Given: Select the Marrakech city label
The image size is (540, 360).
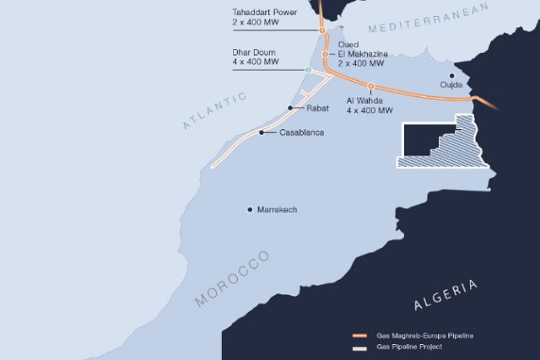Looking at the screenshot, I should pos(278,209).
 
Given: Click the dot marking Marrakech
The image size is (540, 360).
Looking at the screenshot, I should pos(250,209).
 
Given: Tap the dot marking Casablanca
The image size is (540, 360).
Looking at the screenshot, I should pos(262,132).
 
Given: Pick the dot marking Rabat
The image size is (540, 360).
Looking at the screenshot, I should pos(290,108).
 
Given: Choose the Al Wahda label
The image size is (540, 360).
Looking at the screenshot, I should pos(370,105).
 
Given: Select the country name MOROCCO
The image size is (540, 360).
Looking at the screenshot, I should pos(231,277).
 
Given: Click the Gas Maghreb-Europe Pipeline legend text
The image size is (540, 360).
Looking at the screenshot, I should pos(425,336).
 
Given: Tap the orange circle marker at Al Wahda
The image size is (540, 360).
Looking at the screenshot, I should pos(370,86).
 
